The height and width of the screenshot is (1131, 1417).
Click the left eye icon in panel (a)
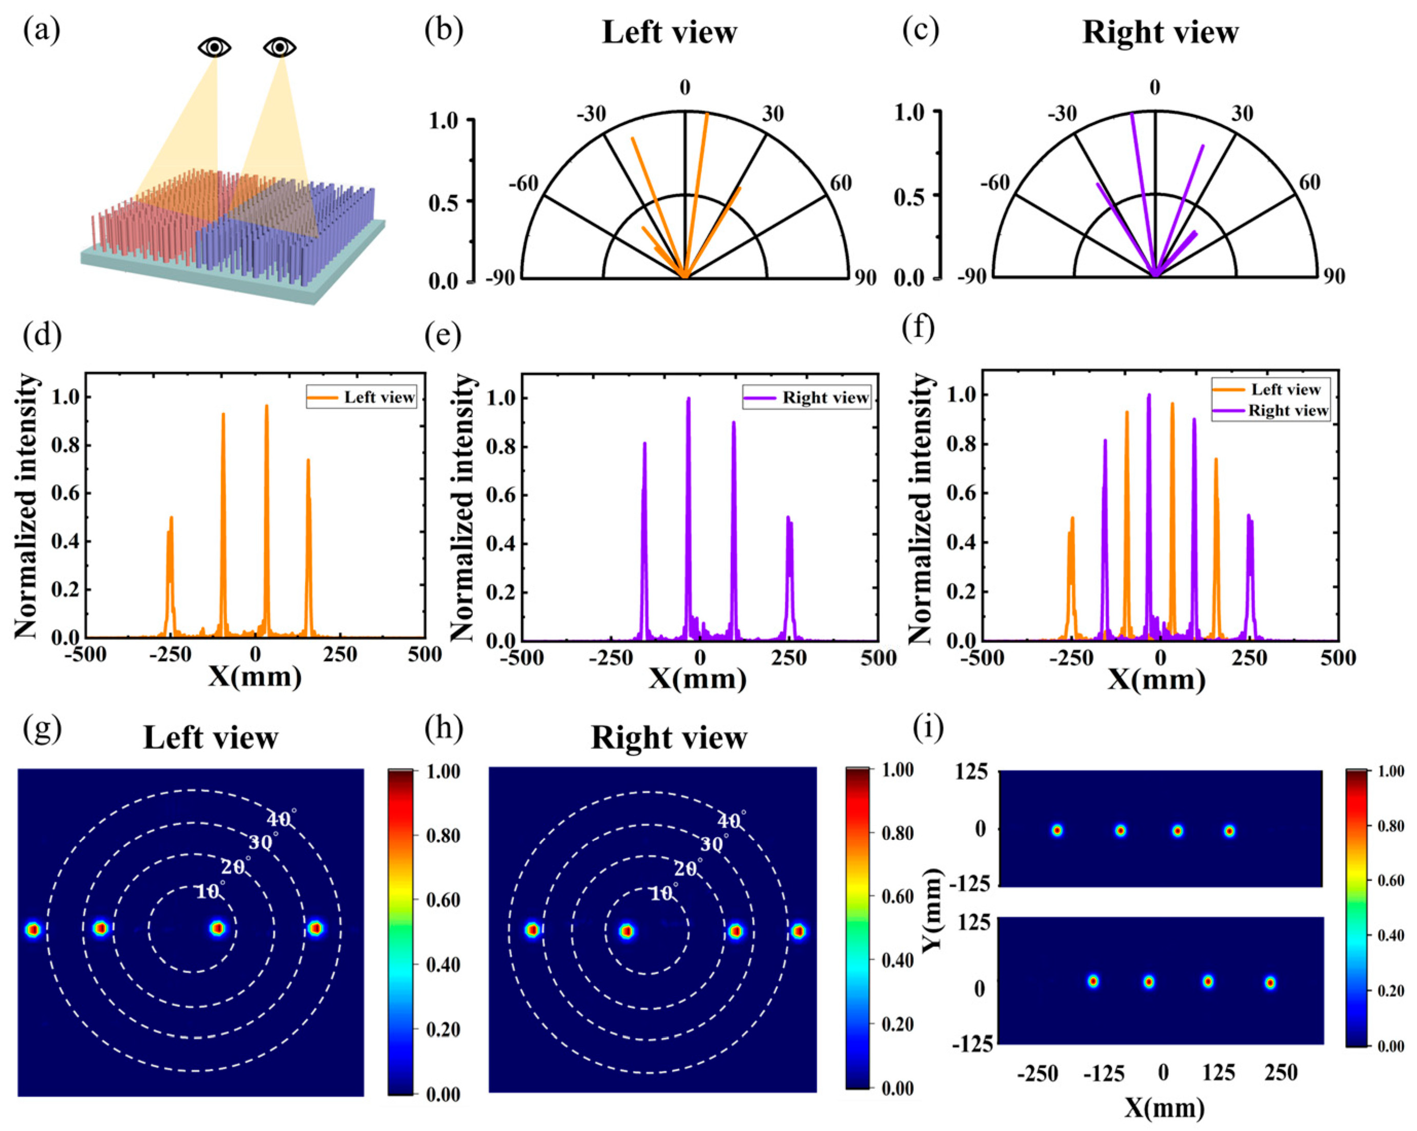pos(214,47)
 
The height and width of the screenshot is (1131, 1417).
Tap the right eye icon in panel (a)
pos(280,47)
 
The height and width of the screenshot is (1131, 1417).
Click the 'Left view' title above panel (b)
pos(669,33)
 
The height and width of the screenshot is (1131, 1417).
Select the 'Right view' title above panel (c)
pos(1160,33)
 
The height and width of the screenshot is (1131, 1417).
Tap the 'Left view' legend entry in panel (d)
pos(379,397)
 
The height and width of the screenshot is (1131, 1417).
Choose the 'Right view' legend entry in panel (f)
pos(1287,411)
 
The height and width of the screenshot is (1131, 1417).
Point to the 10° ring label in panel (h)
pos(664,893)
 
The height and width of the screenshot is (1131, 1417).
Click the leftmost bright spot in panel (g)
pos(33,929)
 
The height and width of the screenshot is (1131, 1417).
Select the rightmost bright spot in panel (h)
pos(798,931)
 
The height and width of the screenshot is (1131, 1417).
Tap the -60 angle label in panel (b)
pos(523,184)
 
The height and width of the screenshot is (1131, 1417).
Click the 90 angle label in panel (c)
pos(1334,276)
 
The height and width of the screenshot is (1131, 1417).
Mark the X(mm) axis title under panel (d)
pos(254,676)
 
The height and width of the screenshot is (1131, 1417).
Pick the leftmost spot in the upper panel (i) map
pos(1057,830)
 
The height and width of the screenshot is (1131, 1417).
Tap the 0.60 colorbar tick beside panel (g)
pos(443,900)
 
